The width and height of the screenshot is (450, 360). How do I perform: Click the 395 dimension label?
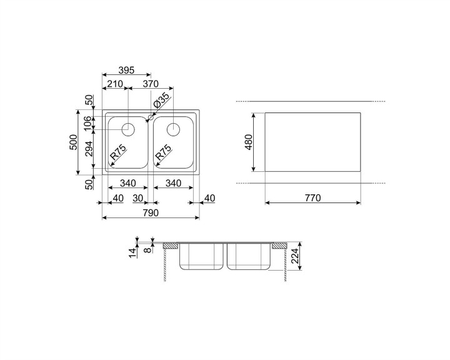[126, 70]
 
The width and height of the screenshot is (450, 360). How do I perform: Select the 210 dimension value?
[114, 84]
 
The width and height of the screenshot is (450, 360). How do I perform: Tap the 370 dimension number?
[151, 84]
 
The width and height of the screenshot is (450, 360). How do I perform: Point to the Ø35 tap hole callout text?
[161, 100]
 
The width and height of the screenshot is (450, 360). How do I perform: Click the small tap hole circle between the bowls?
[151, 117]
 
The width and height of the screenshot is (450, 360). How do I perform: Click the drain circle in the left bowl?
[128, 129]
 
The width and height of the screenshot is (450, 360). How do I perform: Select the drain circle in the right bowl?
[173, 129]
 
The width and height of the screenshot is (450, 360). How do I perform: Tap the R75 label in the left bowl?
[118, 152]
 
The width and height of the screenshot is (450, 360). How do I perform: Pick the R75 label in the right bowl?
[163, 152]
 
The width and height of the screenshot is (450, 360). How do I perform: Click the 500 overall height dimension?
[73, 142]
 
